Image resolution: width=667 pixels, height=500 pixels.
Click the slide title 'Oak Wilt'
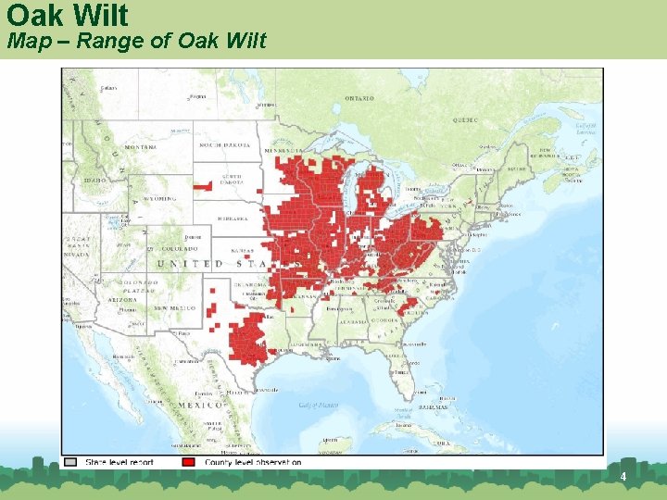pos(67,15)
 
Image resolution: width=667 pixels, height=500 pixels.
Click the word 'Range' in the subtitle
pos(107,41)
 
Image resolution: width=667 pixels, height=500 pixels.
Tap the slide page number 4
pos(623,477)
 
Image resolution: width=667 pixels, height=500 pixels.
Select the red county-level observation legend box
pos(190,461)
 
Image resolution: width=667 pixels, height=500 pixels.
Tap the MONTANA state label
pos(140,146)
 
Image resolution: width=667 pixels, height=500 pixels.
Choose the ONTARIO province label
pos(359,98)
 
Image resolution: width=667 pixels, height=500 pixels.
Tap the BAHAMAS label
pos(431,406)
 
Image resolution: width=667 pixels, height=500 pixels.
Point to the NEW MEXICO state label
pos(173,306)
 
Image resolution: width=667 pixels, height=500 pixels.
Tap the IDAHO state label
pos(93,180)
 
